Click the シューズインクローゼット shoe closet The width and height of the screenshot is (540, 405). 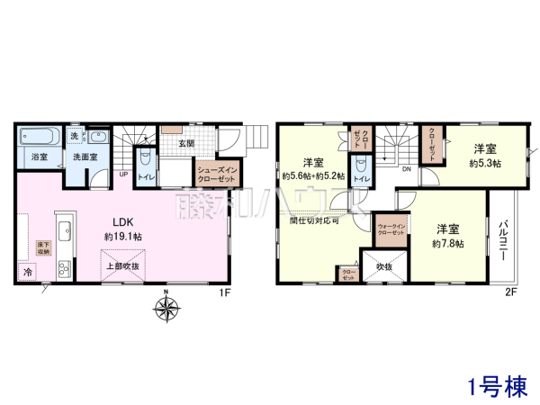coord(216,174)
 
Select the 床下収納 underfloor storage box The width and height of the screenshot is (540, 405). coord(42,248)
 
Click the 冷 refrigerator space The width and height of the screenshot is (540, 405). coord(26,271)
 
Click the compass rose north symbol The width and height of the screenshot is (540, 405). coord(166,310)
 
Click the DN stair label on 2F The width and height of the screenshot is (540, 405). coord(407,167)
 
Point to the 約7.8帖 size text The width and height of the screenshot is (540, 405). coord(447,243)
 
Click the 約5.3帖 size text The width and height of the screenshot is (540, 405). coord(485,165)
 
